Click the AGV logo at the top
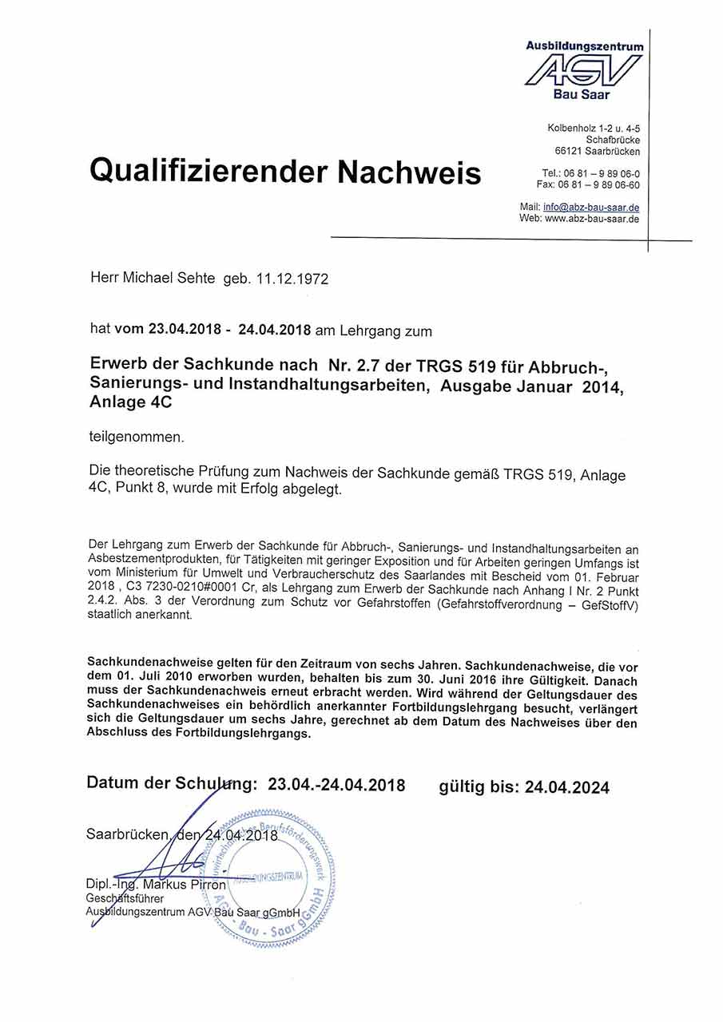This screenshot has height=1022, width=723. pos(583,71)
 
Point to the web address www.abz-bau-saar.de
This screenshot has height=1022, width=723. pos(592,218)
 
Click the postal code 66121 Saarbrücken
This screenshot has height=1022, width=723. pos(597,151)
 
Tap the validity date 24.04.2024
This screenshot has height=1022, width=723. pos(566,788)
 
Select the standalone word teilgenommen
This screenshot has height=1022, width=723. pos(137,437)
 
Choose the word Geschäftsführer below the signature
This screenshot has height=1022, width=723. pos(125,898)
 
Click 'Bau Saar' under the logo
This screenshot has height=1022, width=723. pos(582,95)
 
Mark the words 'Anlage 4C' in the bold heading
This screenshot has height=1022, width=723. pos(131,404)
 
